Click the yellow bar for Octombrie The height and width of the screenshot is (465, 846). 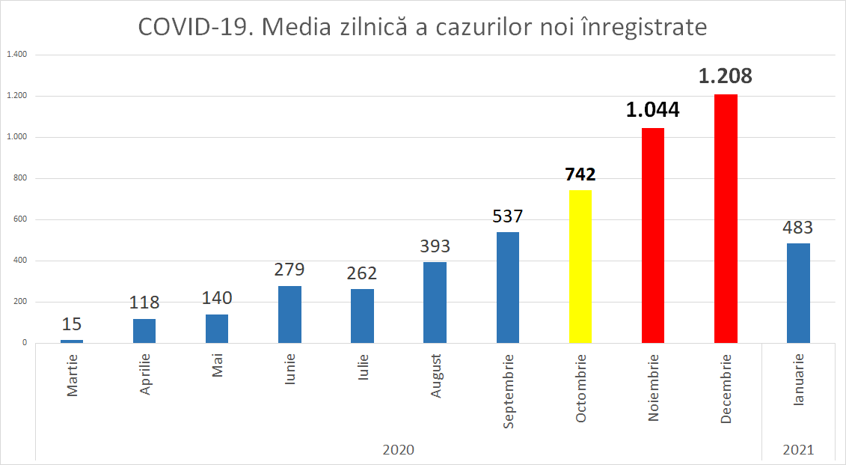coord(580,267)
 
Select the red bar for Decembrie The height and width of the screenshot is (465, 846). coord(726,219)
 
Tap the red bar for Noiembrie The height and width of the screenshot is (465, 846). coord(653,235)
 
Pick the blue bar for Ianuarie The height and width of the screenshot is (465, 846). coord(798,293)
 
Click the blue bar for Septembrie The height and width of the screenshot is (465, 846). coord(508,288)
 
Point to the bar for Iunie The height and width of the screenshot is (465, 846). coord(289,314)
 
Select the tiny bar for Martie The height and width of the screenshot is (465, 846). coord(72,341)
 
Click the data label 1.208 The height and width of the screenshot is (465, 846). coord(725,76)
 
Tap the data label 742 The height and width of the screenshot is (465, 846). coord(580,174)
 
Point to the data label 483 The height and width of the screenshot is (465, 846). coord(798,228)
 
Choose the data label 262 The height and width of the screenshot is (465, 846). coord(362,273)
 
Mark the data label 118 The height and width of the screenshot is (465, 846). coord(144,303)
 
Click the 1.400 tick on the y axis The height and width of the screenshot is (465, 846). coord(16,55)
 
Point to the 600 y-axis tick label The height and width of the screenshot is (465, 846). coord(19,219)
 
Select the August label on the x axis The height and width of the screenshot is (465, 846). coord(435,375)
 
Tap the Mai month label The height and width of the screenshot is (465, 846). coord(218,366)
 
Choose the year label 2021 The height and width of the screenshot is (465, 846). coord(798,450)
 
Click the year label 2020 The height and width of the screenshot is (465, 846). coord(398,450)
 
